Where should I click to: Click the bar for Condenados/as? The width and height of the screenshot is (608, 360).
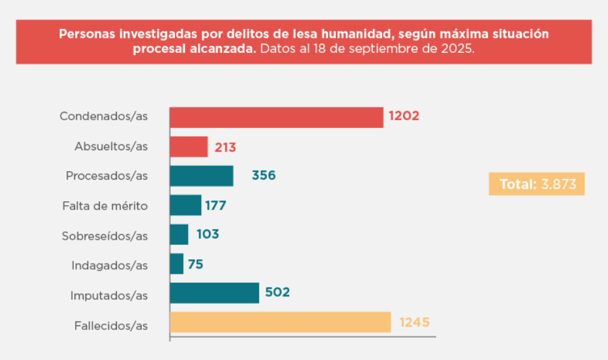276,117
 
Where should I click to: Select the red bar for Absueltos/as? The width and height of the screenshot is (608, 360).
189,146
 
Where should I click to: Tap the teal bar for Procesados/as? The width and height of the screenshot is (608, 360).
201,176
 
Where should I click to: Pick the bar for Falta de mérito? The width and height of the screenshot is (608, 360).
185,205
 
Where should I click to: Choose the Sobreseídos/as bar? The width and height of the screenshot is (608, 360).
179,235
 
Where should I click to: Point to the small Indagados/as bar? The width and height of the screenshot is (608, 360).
176,264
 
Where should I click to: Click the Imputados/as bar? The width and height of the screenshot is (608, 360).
214,293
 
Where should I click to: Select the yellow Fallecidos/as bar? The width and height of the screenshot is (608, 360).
280,322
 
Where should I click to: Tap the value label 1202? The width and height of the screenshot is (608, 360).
404,117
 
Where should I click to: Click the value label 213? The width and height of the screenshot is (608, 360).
225,147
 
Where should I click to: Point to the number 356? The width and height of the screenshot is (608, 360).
264,176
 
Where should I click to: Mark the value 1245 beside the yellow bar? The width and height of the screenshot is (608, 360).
414,322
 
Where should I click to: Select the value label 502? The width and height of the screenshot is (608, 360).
278,293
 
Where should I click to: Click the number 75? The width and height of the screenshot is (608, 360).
196,264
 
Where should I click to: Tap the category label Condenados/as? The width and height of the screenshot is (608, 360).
104,117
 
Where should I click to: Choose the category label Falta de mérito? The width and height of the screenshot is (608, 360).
106,206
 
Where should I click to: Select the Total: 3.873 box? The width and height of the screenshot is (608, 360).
537,184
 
